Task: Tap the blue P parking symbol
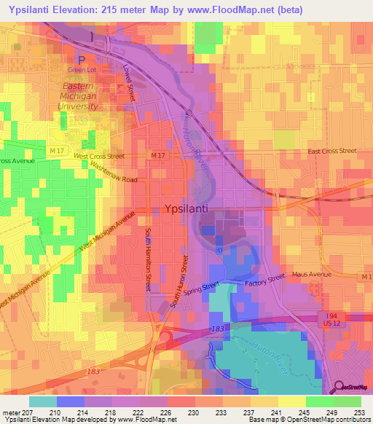82,60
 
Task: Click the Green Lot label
82,70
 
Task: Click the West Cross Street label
98,156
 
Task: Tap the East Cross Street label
331,151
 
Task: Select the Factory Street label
264,279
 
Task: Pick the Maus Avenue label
311,275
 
